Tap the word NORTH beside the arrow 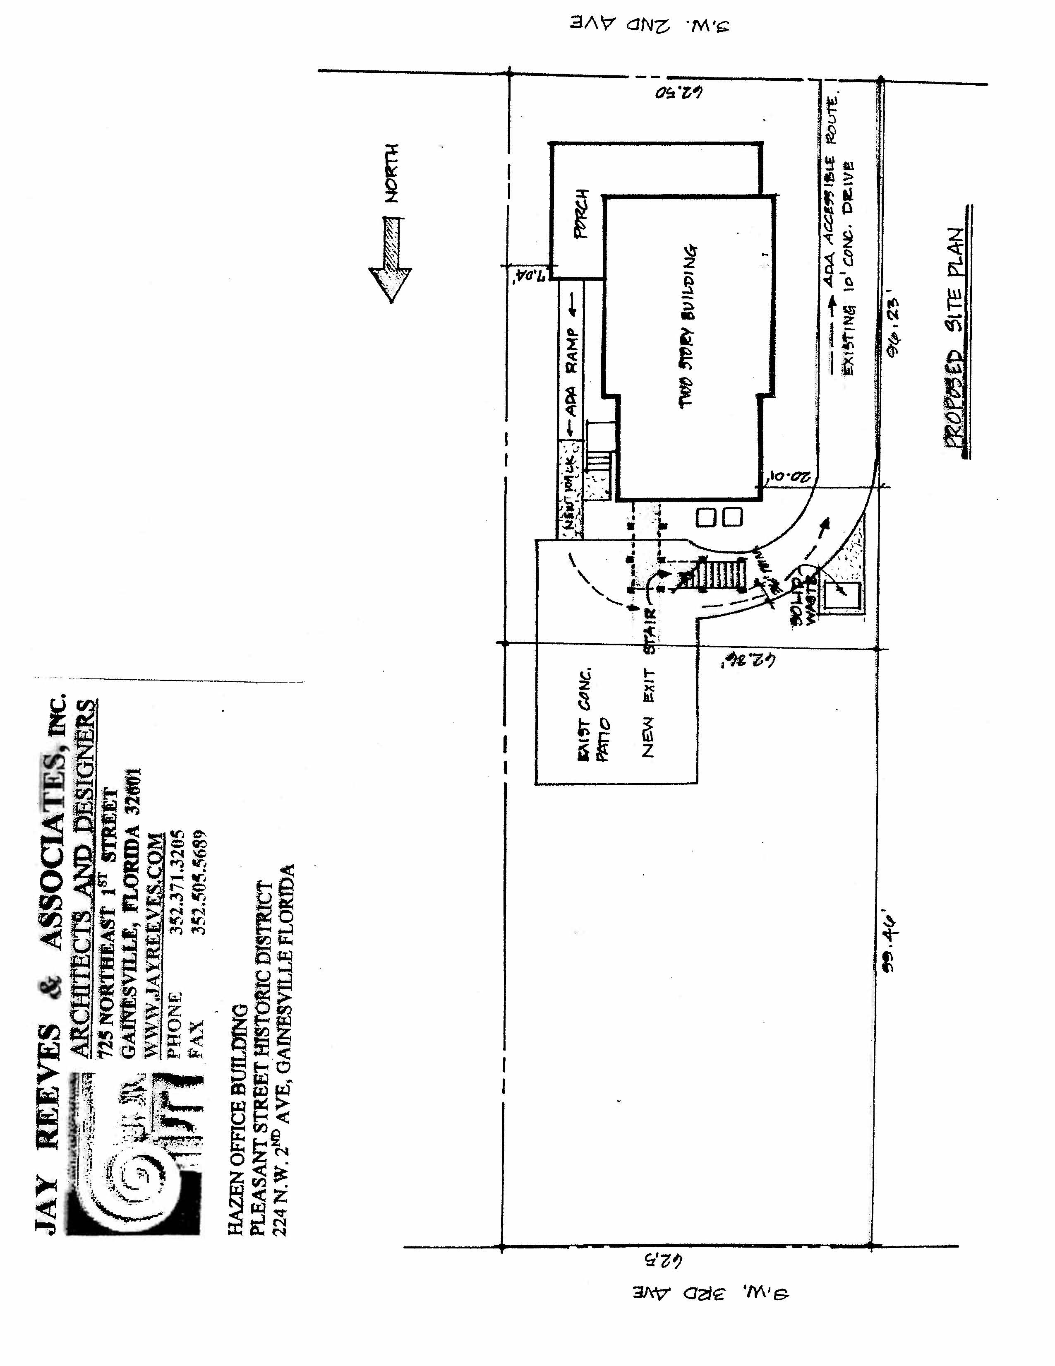pos(391,173)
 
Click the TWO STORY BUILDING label pos(688,325)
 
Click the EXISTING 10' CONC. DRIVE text pos(848,269)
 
